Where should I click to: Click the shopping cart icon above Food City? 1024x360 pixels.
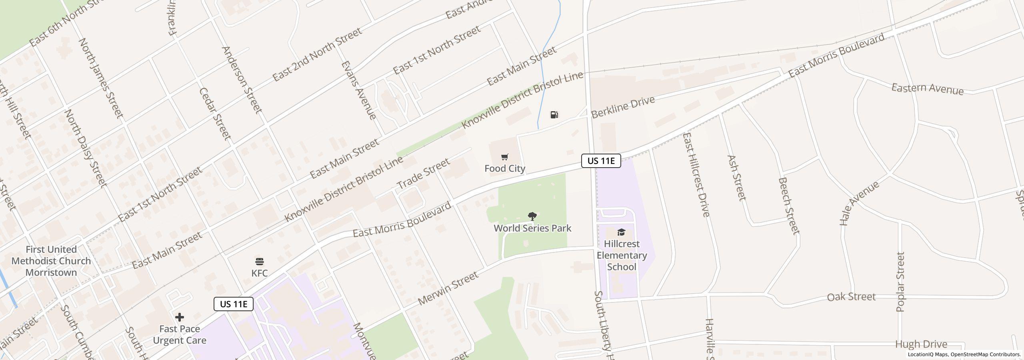pyautogui.click(x=505, y=157)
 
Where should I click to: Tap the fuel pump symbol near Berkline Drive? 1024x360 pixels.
pyautogui.click(x=554, y=115)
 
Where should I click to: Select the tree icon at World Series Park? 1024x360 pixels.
pyautogui.click(x=532, y=217)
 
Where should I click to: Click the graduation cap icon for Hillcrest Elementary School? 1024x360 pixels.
pyautogui.click(x=621, y=232)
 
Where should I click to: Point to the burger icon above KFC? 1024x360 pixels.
pyautogui.click(x=260, y=262)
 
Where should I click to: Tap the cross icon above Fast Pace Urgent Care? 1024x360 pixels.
pyautogui.click(x=180, y=318)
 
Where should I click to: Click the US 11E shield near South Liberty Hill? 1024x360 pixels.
pyautogui.click(x=601, y=161)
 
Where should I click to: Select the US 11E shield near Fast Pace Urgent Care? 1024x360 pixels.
pyautogui.click(x=234, y=304)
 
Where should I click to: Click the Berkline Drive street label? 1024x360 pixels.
pyautogui.click(x=623, y=107)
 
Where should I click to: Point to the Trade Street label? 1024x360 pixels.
pyautogui.click(x=423, y=174)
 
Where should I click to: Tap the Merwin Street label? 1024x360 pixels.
pyautogui.click(x=448, y=288)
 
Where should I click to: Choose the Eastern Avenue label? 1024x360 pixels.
pyautogui.click(x=927, y=89)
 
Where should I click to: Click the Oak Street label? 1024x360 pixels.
pyautogui.click(x=851, y=297)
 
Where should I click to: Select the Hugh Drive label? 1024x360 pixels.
pyautogui.click(x=921, y=344)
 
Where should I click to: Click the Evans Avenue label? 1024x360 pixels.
pyautogui.click(x=358, y=90)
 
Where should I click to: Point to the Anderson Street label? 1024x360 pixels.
pyautogui.click(x=242, y=80)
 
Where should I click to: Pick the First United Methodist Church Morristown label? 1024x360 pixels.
pyautogui.click(x=51, y=261)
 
